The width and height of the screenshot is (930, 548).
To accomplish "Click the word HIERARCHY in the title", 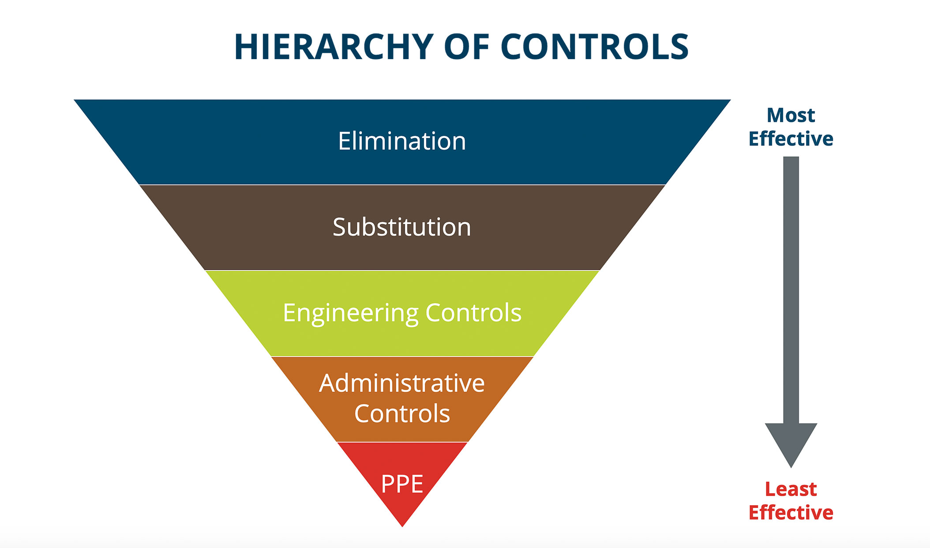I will click(334, 47).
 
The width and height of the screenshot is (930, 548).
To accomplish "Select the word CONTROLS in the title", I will click(594, 47).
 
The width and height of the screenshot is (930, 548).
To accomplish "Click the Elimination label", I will click(402, 141).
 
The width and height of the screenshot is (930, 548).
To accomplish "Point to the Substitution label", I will click(402, 227).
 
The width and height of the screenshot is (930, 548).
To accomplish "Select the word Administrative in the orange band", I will click(402, 383).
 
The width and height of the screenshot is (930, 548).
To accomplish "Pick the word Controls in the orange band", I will click(402, 414).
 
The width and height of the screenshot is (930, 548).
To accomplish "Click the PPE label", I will click(402, 484).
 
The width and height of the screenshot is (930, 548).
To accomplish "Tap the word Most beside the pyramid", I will click(791, 116).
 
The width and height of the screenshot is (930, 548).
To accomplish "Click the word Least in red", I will click(791, 489).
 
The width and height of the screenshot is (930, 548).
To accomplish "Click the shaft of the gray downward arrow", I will click(791, 287).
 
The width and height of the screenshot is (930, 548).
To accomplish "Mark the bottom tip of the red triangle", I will click(402, 525).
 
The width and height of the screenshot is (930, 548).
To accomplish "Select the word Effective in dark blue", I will click(791, 139).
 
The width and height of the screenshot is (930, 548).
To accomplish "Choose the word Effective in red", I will click(791, 513).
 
